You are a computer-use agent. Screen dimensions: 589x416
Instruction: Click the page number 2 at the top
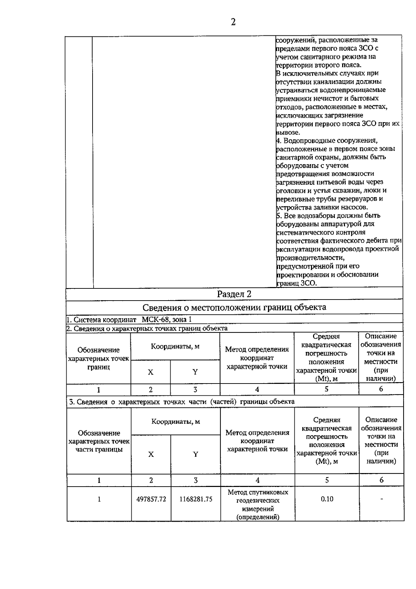click(233, 22)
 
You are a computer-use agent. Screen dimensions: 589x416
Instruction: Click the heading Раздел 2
click(234, 294)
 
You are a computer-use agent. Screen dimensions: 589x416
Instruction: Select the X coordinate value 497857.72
click(151, 499)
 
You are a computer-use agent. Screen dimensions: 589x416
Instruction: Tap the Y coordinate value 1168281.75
click(196, 499)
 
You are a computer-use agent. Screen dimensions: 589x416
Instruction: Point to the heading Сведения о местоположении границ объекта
click(234, 307)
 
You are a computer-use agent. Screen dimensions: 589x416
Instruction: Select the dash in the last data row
click(382, 499)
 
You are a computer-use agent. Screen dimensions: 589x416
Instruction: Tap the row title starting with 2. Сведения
click(147, 328)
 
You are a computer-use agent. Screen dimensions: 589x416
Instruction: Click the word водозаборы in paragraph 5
click(307, 216)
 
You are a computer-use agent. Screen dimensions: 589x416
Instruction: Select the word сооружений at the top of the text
click(293, 40)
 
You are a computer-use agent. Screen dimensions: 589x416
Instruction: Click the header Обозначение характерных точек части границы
click(99, 441)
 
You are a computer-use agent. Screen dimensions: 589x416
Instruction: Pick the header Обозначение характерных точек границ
click(99, 358)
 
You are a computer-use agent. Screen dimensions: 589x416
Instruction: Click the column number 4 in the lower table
click(257, 480)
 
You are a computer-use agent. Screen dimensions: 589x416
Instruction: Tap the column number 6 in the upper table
click(381, 389)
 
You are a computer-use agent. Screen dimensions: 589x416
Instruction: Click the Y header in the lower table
click(196, 454)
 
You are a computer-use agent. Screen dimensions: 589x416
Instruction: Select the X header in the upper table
click(150, 372)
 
